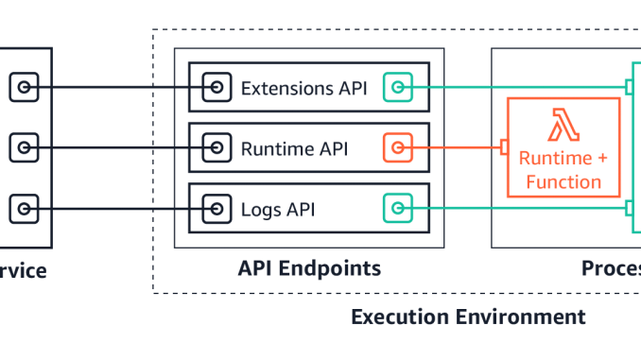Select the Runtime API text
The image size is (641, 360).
(292, 147)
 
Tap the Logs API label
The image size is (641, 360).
(279, 208)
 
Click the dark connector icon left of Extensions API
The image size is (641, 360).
(217, 88)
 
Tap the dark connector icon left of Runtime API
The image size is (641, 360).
(217, 147)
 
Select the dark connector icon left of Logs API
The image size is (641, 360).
(217, 208)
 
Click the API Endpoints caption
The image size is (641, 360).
(309, 269)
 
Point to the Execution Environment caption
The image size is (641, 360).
(468, 317)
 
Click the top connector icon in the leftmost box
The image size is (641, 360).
(24, 88)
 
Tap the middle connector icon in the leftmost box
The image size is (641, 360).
(24, 147)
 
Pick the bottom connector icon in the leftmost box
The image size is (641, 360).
(24, 208)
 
